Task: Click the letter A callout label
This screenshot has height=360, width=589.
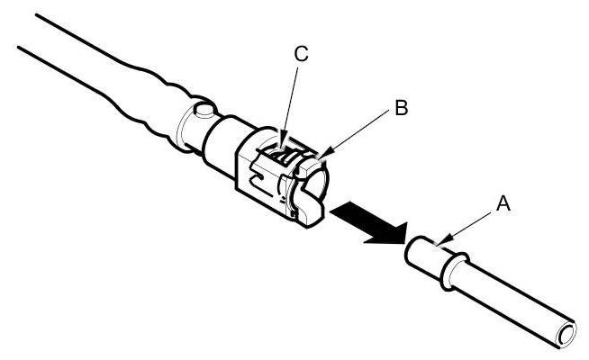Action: (503, 204)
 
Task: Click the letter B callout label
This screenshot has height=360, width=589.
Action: (401, 109)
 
